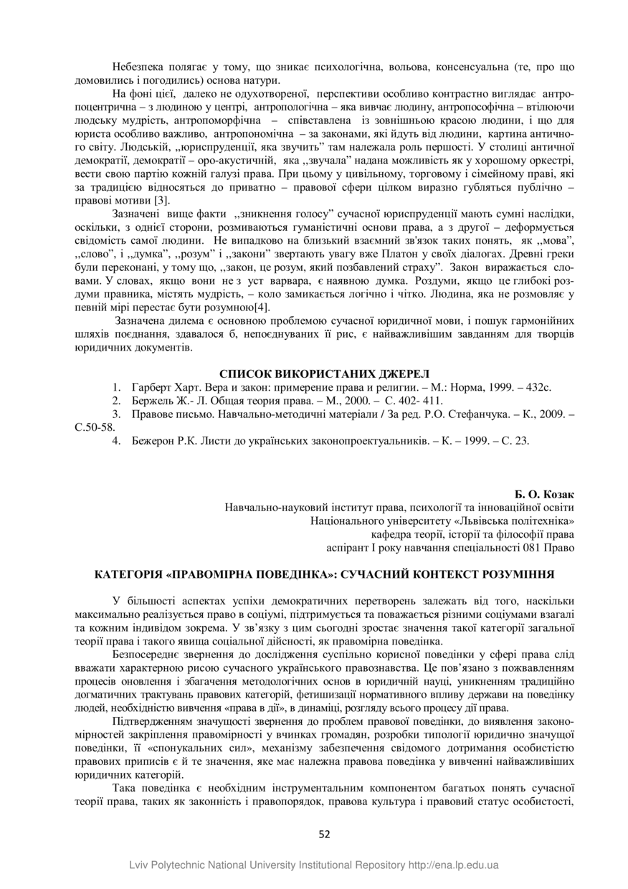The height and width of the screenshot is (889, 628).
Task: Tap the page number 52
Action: tap(324, 834)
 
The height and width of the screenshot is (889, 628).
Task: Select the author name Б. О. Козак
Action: tap(544, 495)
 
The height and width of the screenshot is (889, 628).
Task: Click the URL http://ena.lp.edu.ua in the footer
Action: tap(453, 865)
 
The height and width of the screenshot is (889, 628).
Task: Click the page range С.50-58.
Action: tap(95, 427)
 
